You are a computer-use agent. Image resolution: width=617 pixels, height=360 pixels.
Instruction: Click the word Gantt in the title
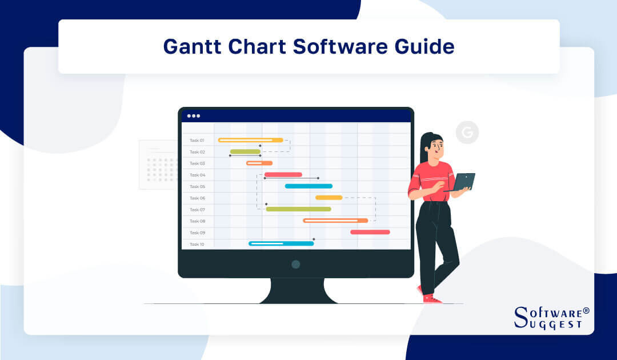pyautogui.click(x=191, y=46)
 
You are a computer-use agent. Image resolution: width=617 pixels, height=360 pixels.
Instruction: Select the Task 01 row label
pyautogui.click(x=197, y=140)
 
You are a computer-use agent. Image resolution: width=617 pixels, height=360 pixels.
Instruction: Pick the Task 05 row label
pyautogui.click(x=197, y=186)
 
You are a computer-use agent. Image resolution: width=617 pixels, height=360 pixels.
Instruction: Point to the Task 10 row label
pyautogui.click(x=197, y=244)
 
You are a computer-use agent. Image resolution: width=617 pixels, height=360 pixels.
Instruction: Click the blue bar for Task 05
pyautogui.click(x=308, y=186)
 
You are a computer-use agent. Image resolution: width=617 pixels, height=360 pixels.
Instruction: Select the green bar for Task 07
pyautogui.click(x=298, y=209)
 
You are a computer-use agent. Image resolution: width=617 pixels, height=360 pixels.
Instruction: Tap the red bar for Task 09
pyautogui.click(x=370, y=232)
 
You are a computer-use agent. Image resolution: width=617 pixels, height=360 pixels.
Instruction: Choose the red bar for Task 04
pyautogui.click(x=283, y=174)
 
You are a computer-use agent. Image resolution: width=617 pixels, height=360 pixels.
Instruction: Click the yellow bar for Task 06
pyautogui.click(x=328, y=198)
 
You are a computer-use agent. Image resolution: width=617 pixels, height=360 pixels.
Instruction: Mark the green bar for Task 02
pyautogui.click(x=245, y=151)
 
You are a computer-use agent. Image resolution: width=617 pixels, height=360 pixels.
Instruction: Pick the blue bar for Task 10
pyautogui.click(x=281, y=243)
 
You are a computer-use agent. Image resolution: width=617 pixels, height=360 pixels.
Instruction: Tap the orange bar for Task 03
pyautogui.click(x=259, y=163)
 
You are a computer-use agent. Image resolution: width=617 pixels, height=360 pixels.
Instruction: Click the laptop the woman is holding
pyautogui.click(x=463, y=182)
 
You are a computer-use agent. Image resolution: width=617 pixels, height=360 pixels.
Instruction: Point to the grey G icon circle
pyautogui.click(x=467, y=133)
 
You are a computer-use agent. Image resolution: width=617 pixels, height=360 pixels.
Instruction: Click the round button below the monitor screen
pyautogui.click(x=295, y=264)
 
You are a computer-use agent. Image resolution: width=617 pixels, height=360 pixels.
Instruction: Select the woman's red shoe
pyautogui.click(x=431, y=298)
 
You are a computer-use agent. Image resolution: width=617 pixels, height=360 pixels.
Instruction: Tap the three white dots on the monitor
pyautogui.click(x=194, y=115)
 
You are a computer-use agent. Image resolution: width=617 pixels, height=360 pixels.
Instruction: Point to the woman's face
pyautogui.click(x=435, y=147)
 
